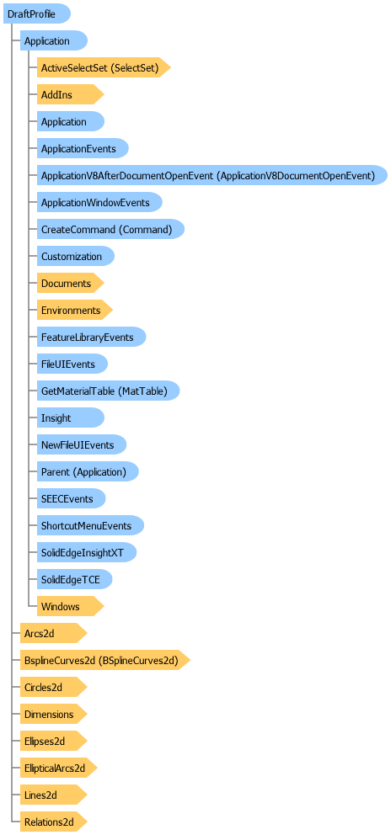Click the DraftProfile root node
37,13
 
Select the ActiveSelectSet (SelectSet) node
104,67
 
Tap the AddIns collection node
70,95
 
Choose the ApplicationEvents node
83,149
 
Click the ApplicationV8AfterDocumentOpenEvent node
212,175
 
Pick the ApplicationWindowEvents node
99,202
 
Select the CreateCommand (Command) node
110,229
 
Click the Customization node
76,256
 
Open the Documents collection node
70,283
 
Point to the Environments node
75,310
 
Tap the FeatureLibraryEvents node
91,337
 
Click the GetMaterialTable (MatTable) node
109,391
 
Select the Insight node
71,417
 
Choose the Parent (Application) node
88,471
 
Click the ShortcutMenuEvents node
90,525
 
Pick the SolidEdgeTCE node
75,579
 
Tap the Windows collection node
70,606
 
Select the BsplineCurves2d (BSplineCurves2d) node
105,660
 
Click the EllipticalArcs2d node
59,768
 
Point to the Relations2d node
53,822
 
